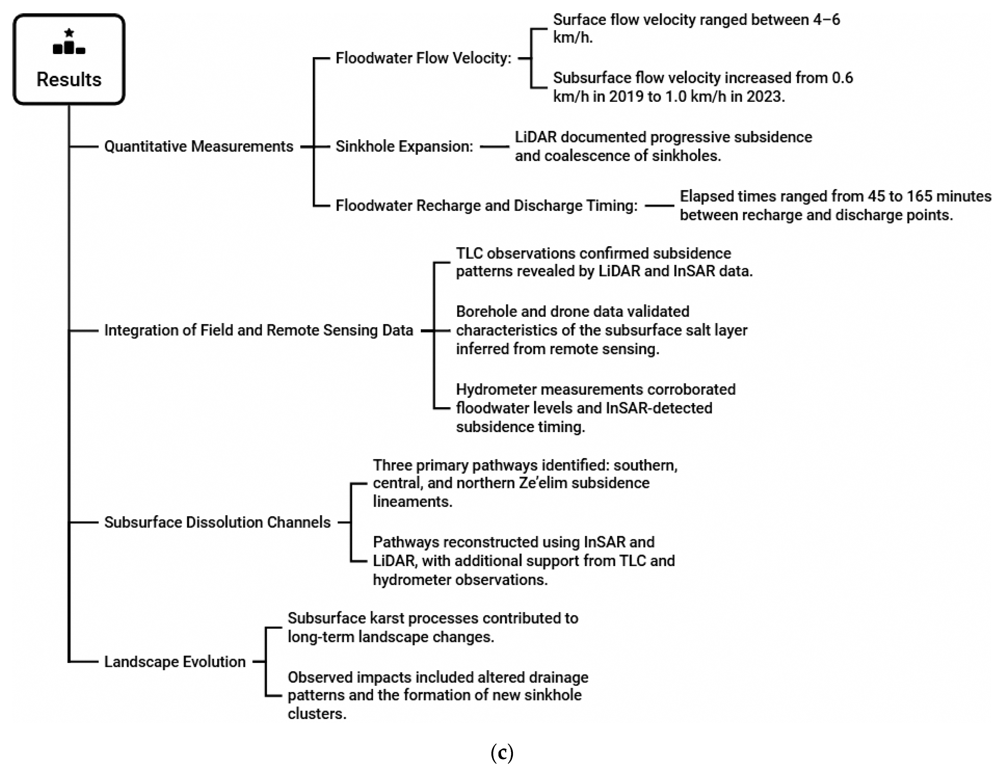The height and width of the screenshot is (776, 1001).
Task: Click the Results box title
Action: click(69, 80)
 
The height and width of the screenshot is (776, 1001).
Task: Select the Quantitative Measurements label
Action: click(199, 146)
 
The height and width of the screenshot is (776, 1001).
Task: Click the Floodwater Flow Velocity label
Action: click(423, 58)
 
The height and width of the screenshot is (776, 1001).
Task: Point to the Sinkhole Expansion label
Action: click(404, 146)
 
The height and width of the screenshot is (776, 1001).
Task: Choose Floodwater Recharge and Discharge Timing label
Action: click(486, 206)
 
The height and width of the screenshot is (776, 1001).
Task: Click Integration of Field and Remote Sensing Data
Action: click(258, 330)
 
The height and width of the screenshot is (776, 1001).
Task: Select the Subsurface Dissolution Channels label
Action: click(217, 522)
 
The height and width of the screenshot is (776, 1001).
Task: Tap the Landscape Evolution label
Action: click(175, 662)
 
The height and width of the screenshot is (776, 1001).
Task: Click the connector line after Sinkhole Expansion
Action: click(495, 146)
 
